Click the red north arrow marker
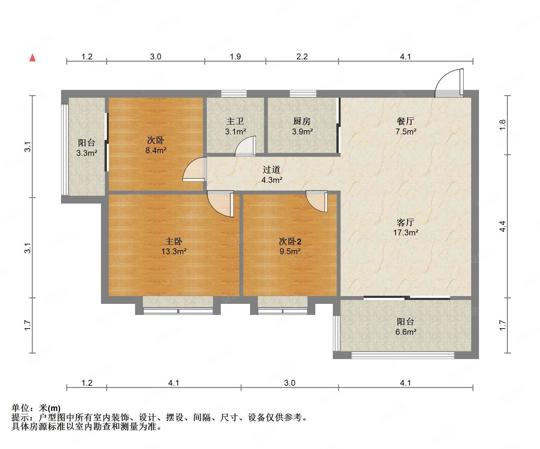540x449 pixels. (32, 58)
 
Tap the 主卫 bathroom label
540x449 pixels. (235, 121)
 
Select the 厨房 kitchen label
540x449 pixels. (302, 121)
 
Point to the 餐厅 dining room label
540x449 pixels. (406, 121)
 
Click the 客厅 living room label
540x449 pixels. (406, 222)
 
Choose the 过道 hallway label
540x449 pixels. (271, 169)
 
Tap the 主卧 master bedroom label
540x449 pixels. (174, 241)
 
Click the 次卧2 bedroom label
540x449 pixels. (290, 241)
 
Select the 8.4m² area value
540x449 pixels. (156, 150)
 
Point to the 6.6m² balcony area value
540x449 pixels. (406, 331)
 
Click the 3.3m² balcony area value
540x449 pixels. (87, 153)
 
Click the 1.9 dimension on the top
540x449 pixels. (235, 57)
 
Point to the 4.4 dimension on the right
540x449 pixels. (502, 226)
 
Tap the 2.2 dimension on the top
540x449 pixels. (302, 57)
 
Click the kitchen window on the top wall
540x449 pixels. (303, 94)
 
